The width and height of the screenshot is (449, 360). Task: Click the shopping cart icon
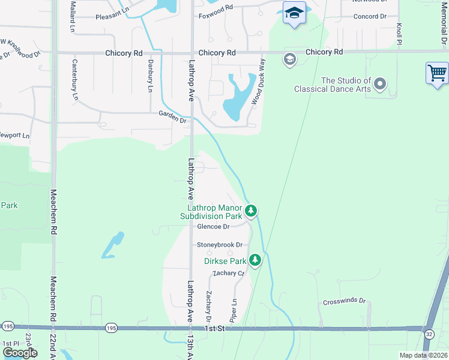[x=437, y=73]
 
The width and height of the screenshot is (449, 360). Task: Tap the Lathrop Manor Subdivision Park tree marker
[x=252, y=211]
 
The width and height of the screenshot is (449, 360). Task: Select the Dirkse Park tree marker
[x=256, y=260]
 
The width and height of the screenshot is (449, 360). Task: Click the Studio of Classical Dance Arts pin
[x=379, y=84]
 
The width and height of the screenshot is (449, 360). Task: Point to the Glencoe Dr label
[x=213, y=227]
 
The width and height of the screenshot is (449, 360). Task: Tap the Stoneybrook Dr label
[x=220, y=245]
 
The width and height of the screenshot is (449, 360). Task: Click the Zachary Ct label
[x=229, y=273]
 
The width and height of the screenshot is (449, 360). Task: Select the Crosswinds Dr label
[x=344, y=301]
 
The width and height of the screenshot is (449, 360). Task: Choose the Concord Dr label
[x=370, y=16]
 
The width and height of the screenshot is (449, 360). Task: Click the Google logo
[x=20, y=352]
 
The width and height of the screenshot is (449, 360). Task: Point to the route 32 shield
[x=429, y=333]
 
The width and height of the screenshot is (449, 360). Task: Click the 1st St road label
[x=214, y=329]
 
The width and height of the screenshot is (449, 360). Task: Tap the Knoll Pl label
[x=399, y=34]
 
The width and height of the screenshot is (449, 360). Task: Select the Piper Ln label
[x=233, y=310]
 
